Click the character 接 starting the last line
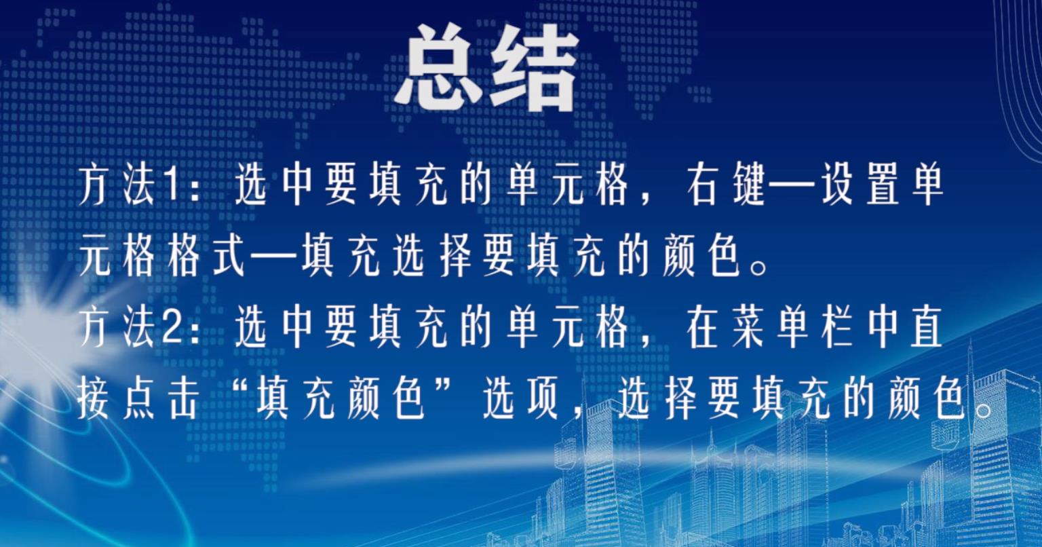tap(93, 401)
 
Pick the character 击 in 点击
tap(185, 401)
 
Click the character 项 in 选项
tap(543, 401)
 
